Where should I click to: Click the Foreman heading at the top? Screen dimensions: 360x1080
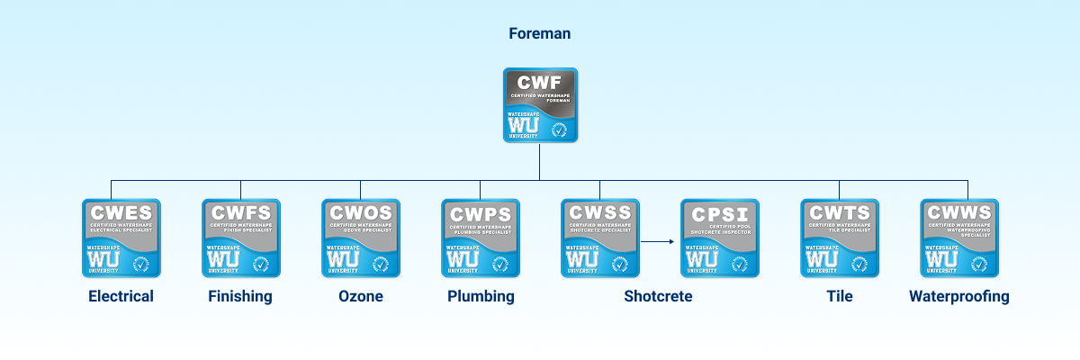point(539,34)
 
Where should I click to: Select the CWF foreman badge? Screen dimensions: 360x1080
point(539,105)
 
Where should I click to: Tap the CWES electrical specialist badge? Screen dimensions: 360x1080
point(121,238)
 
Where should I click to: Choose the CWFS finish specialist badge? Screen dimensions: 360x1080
point(240,238)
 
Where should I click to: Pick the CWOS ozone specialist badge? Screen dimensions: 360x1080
point(360,238)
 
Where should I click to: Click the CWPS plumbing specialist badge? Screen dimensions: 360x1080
point(480,238)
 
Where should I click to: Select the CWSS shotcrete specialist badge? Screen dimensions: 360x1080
point(599,238)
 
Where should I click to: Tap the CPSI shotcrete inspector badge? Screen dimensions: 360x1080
point(719,238)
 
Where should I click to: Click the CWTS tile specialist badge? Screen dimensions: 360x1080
point(839,238)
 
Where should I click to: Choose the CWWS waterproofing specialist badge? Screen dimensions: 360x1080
point(959,238)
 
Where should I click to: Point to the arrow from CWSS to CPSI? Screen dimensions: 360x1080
point(659,241)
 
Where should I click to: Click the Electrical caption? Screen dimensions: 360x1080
point(121,296)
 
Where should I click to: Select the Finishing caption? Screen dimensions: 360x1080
point(240,296)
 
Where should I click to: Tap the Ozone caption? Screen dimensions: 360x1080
point(360,296)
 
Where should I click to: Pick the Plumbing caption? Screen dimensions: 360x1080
point(481,296)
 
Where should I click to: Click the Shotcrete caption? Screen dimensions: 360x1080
point(658,296)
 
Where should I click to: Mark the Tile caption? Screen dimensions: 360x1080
point(839,296)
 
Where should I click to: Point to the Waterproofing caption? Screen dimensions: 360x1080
point(959,296)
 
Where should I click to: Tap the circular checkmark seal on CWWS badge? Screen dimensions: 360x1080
point(980,263)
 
